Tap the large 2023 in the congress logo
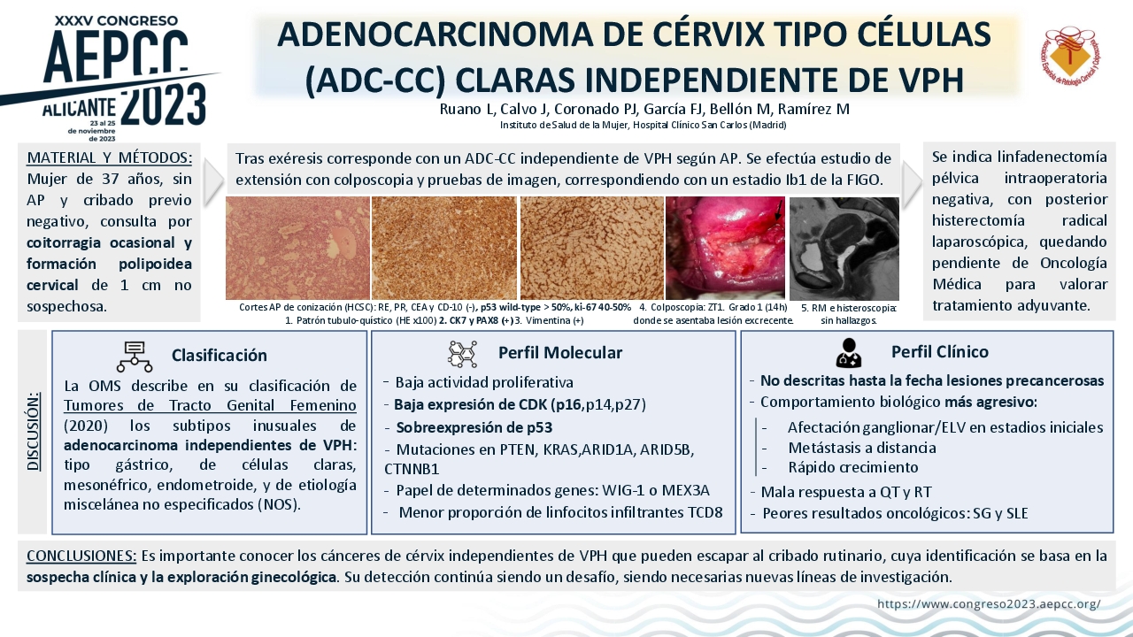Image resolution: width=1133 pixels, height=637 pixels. (164, 105)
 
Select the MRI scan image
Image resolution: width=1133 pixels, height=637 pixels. (844, 249)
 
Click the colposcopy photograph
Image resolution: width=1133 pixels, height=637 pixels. (725, 249)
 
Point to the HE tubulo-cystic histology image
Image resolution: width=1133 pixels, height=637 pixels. (297, 249)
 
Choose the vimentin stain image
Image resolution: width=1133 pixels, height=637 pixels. (592, 249)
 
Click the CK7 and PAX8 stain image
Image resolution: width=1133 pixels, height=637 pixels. (444, 249)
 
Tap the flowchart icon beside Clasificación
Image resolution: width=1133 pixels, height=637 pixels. (135, 357)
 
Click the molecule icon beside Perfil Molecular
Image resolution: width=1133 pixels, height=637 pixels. (462, 354)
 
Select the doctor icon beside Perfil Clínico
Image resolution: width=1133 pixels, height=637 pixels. (848, 353)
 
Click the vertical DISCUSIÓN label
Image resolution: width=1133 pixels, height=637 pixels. (34, 431)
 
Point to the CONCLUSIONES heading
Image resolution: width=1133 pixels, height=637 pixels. (81, 556)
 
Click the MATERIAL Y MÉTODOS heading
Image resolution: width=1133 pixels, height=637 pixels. (109, 157)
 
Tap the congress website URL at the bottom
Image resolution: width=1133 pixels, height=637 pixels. (989, 603)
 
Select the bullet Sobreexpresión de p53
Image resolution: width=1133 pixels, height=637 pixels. (474, 427)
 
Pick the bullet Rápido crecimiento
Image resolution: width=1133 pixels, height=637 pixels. (852, 467)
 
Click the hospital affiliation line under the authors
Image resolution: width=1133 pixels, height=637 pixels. (643, 125)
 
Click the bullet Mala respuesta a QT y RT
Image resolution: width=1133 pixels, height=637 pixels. (845, 491)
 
